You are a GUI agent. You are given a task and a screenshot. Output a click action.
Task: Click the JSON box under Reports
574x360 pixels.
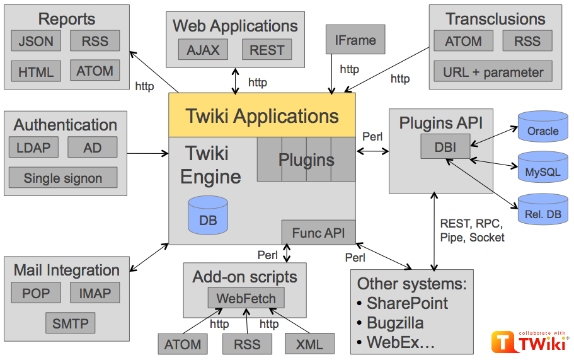pos(36,42)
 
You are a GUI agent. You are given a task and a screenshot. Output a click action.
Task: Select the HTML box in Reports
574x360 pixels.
pos(36,71)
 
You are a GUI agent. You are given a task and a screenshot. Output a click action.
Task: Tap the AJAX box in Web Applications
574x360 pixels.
pos(203,50)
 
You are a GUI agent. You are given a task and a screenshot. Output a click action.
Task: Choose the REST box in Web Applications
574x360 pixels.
pos(267,50)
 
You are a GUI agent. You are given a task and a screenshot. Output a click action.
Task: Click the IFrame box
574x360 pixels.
pos(355,40)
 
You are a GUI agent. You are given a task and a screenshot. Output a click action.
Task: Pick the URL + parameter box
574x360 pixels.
pos(493,71)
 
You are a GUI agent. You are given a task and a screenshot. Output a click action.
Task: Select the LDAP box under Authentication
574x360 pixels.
pos(33,148)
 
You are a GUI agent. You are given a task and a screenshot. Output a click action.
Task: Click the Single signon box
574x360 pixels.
pos(63,178)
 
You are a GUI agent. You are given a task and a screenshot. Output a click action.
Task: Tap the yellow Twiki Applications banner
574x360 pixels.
pos(262,116)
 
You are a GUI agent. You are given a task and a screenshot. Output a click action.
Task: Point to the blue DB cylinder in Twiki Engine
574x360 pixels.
pos(208,214)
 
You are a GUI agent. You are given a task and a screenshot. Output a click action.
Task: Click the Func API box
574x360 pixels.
pos(318,233)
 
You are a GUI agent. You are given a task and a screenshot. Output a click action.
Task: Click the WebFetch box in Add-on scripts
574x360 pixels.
pos(246,298)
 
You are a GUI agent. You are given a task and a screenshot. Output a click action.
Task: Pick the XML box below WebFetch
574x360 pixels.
pos(309,344)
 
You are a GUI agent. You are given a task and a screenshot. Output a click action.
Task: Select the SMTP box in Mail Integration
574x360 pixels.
pos(71,324)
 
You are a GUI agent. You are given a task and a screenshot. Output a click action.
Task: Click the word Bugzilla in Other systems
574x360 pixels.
pos(395,323)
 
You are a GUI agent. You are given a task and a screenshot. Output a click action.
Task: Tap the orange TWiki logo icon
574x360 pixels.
pos(504,344)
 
